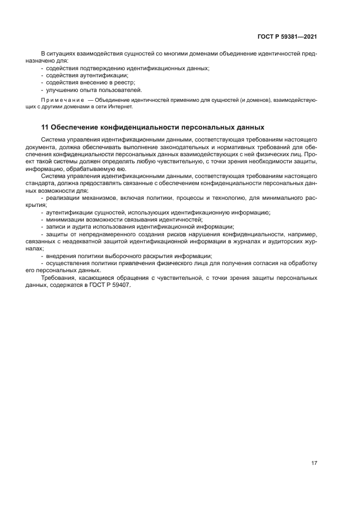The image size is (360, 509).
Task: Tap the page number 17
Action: (x=314, y=463)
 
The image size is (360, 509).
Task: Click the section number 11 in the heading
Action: (x=45, y=127)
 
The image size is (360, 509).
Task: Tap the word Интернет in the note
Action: (x=121, y=107)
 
